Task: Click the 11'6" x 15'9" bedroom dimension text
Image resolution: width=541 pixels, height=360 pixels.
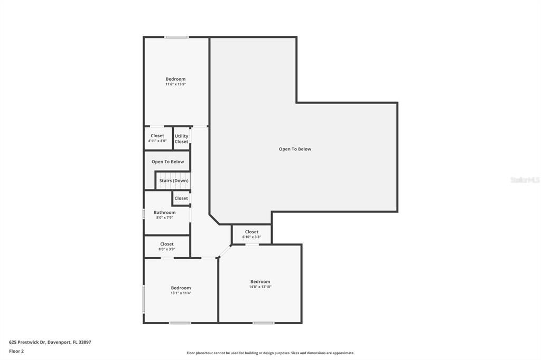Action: [x=175, y=84]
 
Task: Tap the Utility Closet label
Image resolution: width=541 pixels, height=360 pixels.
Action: [x=181, y=139]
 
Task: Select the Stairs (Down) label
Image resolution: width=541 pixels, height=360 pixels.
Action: [x=174, y=181]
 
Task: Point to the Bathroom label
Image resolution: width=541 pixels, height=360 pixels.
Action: [x=164, y=212]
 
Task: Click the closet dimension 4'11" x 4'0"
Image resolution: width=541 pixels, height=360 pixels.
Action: [x=157, y=141]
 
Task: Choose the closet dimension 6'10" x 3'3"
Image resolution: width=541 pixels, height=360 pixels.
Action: [x=251, y=237]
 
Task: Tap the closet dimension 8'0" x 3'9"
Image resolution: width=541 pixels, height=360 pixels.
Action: [x=166, y=249]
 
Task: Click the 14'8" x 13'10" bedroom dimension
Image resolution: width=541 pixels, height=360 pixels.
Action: [x=260, y=287]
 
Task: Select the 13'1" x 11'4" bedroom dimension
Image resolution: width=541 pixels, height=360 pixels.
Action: [x=181, y=293]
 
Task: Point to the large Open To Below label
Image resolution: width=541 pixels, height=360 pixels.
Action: [x=295, y=149]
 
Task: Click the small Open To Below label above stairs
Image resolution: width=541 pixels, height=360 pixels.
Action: [x=167, y=162]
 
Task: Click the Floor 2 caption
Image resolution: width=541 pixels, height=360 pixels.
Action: [x=16, y=351]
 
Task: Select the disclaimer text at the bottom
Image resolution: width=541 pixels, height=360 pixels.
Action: [x=270, y=353]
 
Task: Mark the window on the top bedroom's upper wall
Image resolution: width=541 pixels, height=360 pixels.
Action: [x=176, y=37]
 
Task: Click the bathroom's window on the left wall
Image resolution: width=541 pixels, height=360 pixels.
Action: [x=144, y=214]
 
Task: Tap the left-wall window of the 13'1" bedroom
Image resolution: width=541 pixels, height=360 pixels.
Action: [x=144, y=299]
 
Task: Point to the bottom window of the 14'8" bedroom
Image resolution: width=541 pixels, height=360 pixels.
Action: [x=263, y=323]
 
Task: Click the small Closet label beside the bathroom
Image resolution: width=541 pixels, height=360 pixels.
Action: [x=181, y=198]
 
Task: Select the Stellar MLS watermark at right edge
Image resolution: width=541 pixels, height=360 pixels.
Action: [x=525, y=180]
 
